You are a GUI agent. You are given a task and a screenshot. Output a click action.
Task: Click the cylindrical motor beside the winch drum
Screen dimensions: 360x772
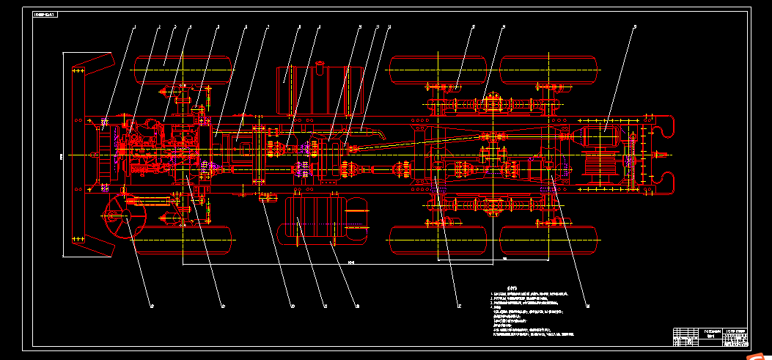[599, 136]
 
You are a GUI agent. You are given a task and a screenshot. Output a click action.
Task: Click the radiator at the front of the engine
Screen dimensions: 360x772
[104, 154]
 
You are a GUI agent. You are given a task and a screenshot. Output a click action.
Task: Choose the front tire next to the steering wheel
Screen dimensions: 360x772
[183, 239]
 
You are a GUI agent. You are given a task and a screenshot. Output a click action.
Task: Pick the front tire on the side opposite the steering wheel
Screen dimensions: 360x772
[183, 70]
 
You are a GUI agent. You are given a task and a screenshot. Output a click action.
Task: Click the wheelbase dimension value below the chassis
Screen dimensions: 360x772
[351, 262]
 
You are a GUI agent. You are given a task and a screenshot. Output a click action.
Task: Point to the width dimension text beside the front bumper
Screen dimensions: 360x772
[61, 155]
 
